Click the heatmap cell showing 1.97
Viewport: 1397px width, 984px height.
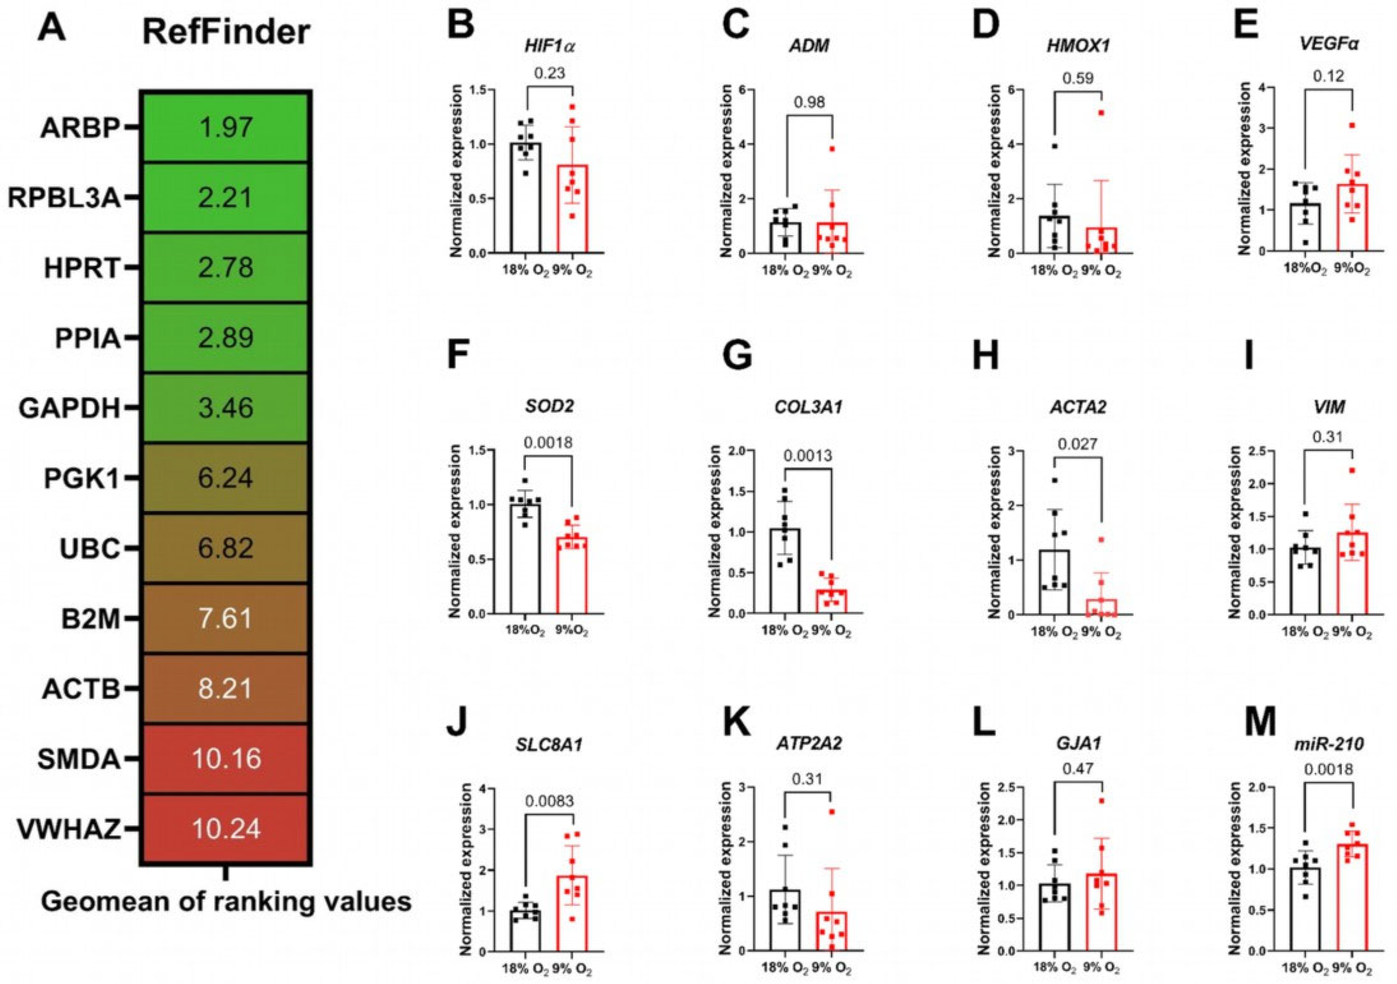(226, 128)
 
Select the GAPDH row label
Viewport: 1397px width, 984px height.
(69, 408)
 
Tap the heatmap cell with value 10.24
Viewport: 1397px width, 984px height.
(226, 828)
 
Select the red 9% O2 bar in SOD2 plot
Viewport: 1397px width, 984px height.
(572, 575)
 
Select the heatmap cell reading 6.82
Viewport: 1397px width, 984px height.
(226, 548)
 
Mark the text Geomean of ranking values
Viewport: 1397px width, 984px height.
(226, 901)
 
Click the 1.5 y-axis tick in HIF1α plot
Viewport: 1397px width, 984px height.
(485, 91)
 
